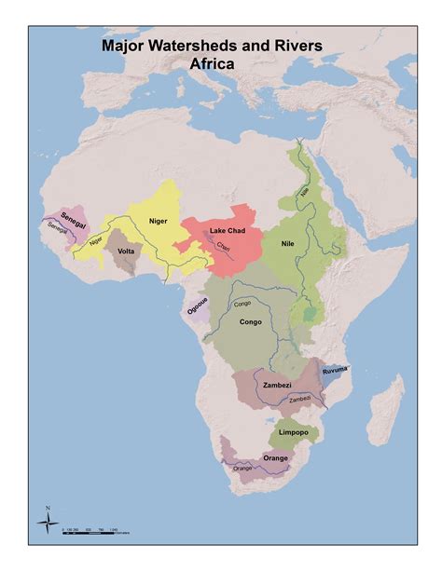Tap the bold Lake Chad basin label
point(228,230)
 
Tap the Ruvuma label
point(334,371)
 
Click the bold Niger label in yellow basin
point(158,221)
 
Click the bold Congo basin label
point(249,322)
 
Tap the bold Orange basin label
point(277,457)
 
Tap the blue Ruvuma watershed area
point(328,376)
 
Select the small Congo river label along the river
point(242,303)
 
